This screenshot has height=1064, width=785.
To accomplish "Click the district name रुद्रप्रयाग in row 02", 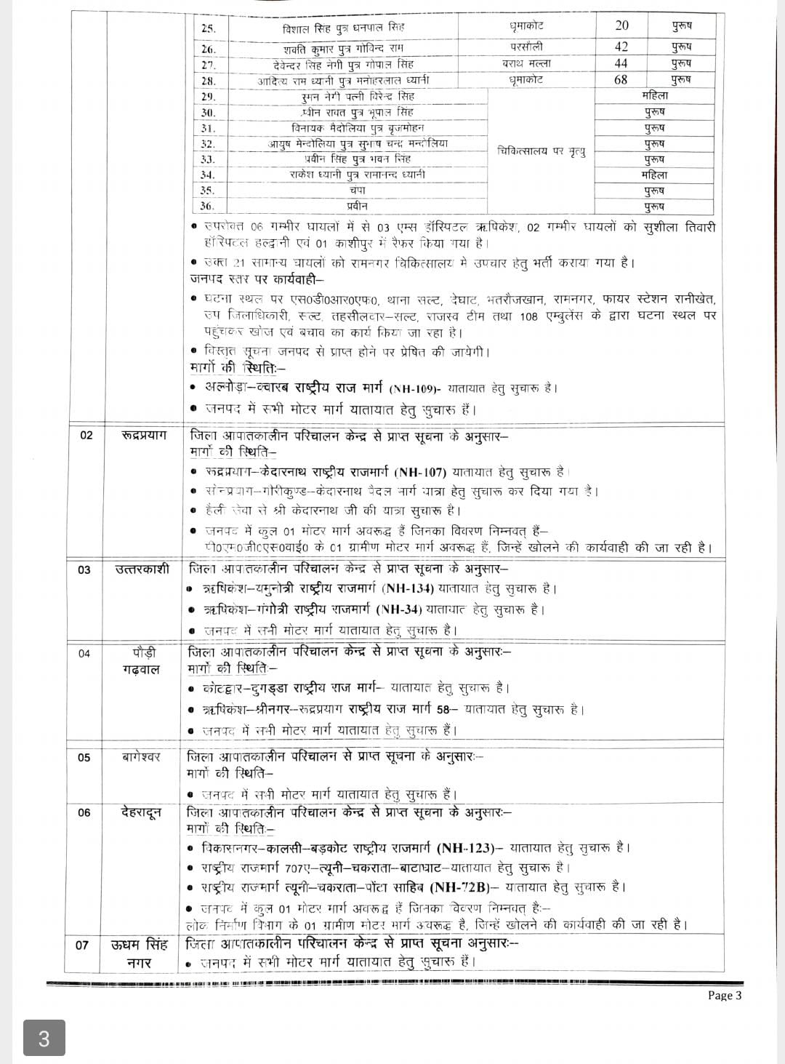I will coord(144,435).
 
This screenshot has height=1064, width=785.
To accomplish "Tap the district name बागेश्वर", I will coord(142,757).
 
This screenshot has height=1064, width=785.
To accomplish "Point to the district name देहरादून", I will coord(141,812).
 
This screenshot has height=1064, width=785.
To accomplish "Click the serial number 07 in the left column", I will coord(82,945).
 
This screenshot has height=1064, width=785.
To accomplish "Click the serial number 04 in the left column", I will coord(84,653).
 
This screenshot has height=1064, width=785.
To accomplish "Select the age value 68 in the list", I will coord(621,79).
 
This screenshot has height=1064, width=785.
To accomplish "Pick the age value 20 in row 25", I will coord(621,25).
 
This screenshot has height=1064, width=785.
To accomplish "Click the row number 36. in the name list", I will coord(208,207).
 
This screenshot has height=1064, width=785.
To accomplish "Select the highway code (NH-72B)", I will coord(464,887).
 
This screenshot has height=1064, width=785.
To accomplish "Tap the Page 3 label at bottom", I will coord(725,996).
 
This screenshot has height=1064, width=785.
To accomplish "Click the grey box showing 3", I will coord(44,1038).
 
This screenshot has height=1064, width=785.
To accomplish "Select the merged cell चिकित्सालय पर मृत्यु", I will coord(541,151).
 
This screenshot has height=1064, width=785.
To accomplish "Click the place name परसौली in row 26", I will coord(526,46).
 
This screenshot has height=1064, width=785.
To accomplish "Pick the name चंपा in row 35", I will coord(356,191).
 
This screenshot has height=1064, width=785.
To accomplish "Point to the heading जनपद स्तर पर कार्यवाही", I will coord(258,279).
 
